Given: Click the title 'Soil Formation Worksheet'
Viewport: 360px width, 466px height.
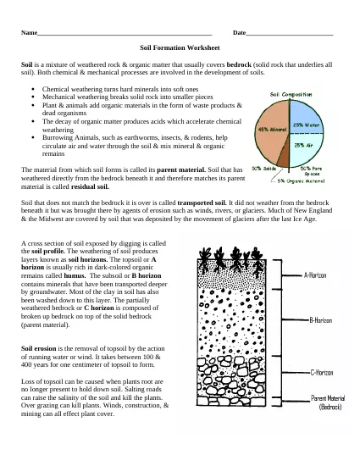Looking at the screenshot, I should coord(179,48).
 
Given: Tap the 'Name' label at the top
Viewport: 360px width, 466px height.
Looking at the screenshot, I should coord(30,33).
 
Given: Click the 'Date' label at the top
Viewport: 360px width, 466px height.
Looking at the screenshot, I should coord(239,33).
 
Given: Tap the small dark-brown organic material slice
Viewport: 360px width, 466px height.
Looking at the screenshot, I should coord(287,164).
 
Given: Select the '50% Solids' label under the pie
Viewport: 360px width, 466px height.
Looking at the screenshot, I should coord(263,169).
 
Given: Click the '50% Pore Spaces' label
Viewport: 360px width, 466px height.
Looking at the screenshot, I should coord(311,171).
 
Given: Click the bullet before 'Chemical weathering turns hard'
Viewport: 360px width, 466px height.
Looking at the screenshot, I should coord(32,88).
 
